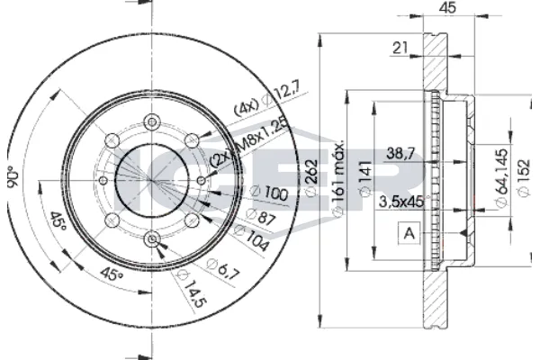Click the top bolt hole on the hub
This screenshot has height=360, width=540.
(x=151, y=120)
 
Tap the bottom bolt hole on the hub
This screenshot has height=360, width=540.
(x=151, y=238)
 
